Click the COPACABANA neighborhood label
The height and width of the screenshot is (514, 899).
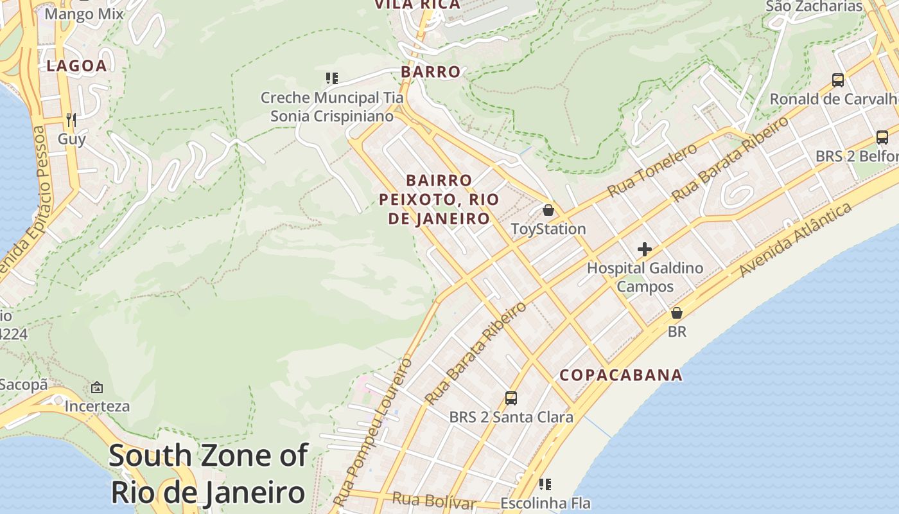tap(620, 375)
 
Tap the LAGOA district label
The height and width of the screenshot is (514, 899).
tap(76, 66)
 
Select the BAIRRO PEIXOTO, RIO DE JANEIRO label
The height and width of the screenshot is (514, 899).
tap(439, 199)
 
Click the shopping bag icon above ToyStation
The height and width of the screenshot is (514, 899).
tap(548, 210)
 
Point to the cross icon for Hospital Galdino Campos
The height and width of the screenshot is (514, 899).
tap(645, 249)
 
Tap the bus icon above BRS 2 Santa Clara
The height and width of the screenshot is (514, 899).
tap(511, 398)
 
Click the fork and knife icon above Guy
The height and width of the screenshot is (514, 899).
tap(71, 120)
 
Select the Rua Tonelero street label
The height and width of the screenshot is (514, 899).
tap(652, 170)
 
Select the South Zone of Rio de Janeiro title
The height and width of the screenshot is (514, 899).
tap(208, 474)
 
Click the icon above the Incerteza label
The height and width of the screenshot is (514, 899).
tap(97, 387)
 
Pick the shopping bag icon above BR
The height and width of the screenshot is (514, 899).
tap(676, 313)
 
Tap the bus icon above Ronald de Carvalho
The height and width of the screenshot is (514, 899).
tap(838, 80)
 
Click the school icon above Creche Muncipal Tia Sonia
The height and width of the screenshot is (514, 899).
tap(331, 78)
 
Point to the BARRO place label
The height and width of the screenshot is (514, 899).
tap(431, 72)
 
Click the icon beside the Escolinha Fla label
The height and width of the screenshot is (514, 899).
tap(545, 484)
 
